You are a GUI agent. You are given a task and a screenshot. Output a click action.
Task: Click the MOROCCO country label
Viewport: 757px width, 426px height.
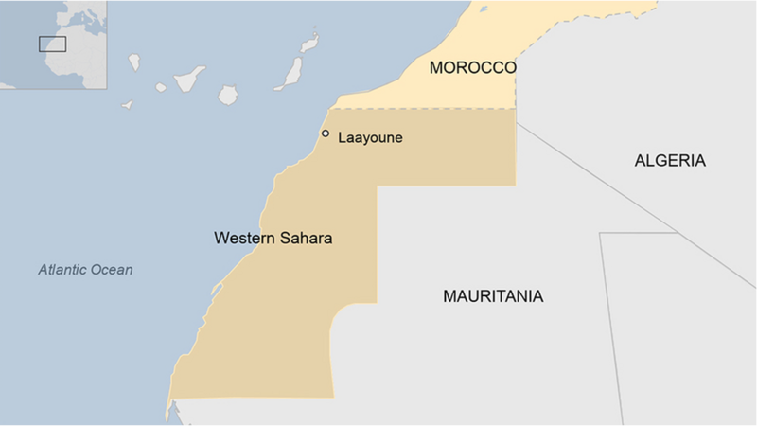pos(472,68)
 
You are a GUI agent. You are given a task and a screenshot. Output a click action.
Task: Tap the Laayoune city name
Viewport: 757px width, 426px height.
pos(370,138)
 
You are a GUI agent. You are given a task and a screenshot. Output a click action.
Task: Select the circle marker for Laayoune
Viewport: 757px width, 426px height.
pos(326,133)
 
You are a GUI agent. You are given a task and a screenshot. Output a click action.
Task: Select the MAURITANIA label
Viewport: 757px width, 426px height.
pos(493,296)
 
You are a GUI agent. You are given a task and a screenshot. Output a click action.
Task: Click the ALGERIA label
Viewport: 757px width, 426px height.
pos(670,161)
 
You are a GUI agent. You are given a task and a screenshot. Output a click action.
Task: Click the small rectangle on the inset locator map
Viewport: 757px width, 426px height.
pos(52,44)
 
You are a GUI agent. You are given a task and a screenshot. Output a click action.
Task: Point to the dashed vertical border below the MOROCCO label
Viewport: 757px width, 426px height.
pos(516,90)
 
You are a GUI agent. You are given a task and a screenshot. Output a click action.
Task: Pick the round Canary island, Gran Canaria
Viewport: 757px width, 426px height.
pos(228,96)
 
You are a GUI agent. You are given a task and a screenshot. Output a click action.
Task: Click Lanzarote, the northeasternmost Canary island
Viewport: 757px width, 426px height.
pos(309,43)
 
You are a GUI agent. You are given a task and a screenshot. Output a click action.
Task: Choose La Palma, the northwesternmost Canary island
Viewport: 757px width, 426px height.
pos(134,63)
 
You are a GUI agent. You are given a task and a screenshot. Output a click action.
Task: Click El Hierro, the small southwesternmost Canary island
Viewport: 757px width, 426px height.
pos(127,105)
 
